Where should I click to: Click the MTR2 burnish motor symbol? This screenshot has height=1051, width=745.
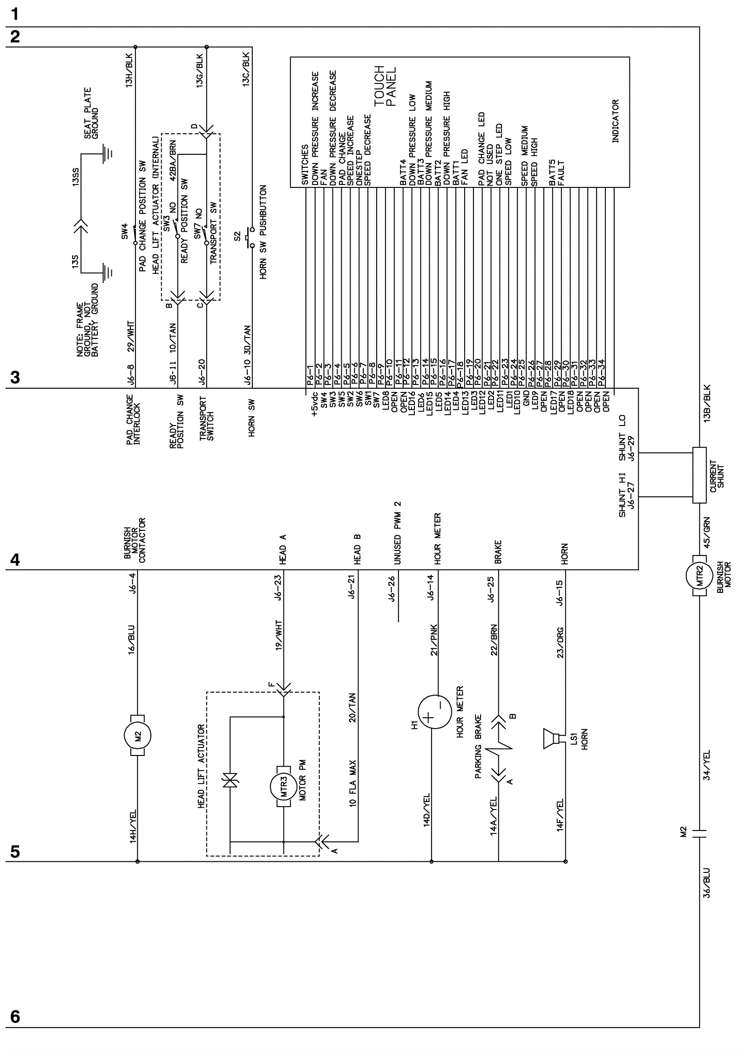tap(699, 576)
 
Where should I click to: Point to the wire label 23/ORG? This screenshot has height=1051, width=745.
tap(561, 643)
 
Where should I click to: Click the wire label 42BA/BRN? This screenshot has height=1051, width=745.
tap(173, 160)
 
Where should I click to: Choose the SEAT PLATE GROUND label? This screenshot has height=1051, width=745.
tap(91, 113)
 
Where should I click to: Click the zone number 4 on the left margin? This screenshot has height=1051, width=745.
tap(15, 560)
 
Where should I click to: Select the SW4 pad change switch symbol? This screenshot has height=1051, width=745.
tap(135, 234)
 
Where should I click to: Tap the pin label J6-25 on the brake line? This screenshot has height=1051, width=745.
tap(492, 590)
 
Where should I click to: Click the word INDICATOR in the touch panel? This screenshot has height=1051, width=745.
tap(615, 121)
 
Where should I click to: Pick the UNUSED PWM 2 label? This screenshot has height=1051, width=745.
tap(398, 533)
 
